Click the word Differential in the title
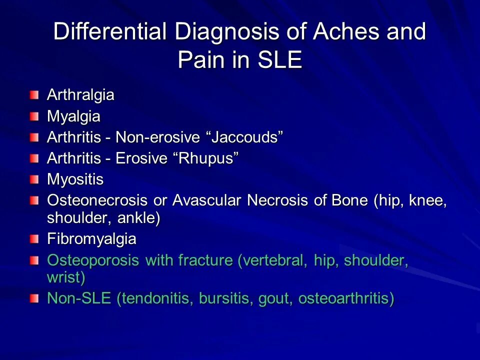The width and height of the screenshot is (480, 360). coord(110,32)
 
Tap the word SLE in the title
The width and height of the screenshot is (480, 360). coord(279,60)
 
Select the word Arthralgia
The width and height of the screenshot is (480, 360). coord(80,95)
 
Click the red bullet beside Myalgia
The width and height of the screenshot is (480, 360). coord(33,117)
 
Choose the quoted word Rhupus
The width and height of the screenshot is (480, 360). coord(205,158)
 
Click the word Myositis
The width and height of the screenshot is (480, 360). coord(75,179)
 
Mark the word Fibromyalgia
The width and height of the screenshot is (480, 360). coord(91,239)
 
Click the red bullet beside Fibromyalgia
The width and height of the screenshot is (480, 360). coord(33,239)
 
